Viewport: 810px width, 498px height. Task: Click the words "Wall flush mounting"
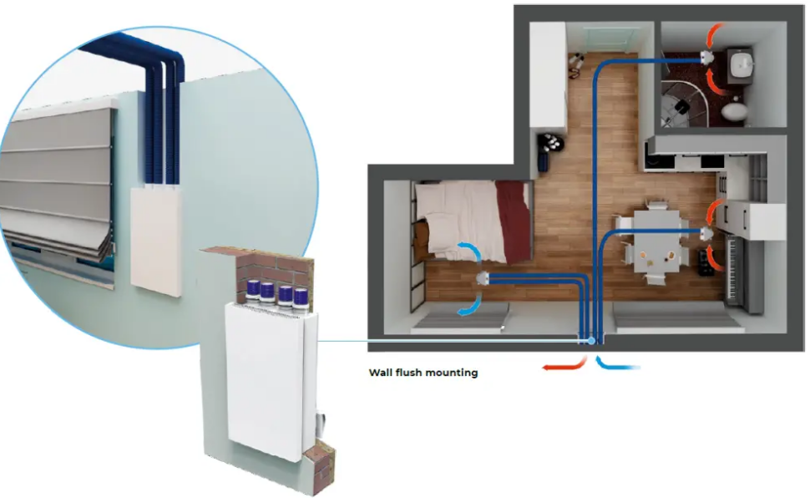point(423,373)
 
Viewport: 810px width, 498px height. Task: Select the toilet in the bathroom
point(732,110)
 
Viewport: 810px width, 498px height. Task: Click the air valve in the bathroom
point(705,58)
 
